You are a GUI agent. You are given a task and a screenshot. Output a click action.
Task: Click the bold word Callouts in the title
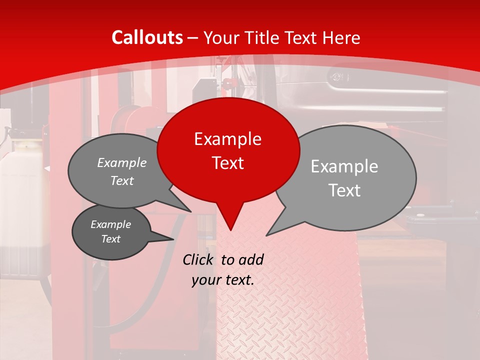coord(147,37)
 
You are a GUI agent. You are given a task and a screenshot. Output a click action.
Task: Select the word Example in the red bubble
coord(227,139)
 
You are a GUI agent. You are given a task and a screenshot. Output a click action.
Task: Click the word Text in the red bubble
coord(227,163)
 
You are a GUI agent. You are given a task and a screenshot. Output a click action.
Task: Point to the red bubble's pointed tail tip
coord(230,230)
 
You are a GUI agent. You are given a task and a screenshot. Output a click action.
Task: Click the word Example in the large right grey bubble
coord(344,166)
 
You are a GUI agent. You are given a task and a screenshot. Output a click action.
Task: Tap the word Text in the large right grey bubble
coord(344,190)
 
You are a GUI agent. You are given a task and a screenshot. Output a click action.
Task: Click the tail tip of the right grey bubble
coord(266,235)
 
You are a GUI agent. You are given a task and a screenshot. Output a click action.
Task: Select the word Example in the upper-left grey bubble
coord(122,163)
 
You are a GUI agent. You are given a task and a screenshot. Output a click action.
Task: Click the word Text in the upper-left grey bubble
coord(122,181)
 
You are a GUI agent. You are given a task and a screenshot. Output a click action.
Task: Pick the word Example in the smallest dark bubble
coord(110,224)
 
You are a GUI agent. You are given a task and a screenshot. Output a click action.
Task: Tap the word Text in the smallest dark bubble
coord(110,239)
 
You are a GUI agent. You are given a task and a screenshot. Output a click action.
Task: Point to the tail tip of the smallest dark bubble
coord(173,239)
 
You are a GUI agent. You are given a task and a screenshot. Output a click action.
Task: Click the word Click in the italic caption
coord(199,259)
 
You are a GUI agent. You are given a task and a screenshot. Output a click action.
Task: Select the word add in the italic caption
coord(251,259)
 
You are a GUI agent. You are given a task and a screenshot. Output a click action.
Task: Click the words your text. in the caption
coord(223,280)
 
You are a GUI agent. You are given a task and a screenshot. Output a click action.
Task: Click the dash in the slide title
coord(193,38)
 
